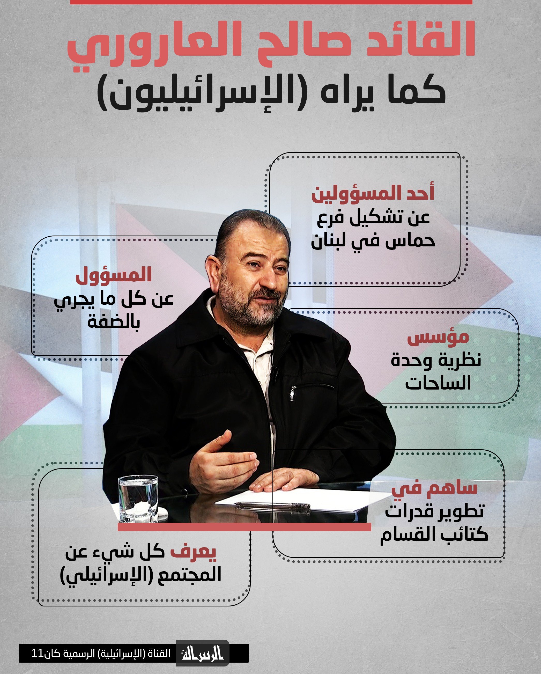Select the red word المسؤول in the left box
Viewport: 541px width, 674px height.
point(113,274)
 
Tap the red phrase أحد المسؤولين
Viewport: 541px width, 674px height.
point(373,193)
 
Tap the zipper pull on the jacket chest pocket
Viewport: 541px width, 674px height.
point(292,393)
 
